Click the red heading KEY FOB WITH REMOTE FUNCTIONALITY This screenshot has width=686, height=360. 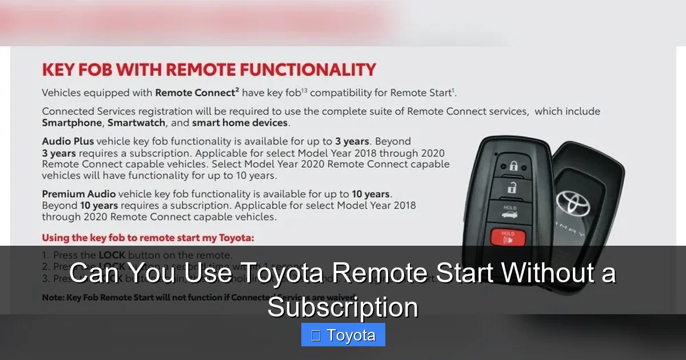[x=209, y=70]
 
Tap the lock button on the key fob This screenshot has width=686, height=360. [x=513, y=166]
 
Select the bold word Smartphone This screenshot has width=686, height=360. [x=71, y=123]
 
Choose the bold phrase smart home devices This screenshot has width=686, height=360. [x=240, y=123]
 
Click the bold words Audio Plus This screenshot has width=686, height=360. [x=68, y=141]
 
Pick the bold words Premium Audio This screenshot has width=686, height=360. [x=78, y=194]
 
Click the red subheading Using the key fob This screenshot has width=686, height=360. [x=147, y=237]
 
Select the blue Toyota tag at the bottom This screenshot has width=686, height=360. [x=343, y=335]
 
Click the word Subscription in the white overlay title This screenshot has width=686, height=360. [x=343, y=307]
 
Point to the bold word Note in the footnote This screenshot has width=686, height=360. [x=53, y=298]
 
